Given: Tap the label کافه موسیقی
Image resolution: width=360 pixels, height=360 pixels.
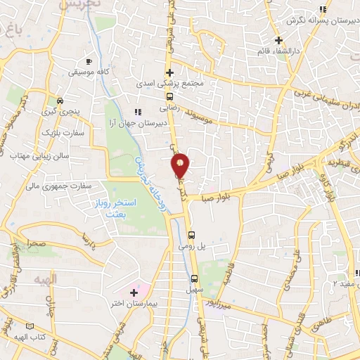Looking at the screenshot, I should [x=89, y=72].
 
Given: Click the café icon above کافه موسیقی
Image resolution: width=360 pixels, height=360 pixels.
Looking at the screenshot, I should [x=88, y=61].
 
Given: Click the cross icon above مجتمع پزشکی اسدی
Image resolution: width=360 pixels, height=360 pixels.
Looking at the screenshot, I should [x=169, y=72].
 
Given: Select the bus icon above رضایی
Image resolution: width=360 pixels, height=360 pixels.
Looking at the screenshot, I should [x=169, y=97].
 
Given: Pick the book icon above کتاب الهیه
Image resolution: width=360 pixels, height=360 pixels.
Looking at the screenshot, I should [x=29, y=326].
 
